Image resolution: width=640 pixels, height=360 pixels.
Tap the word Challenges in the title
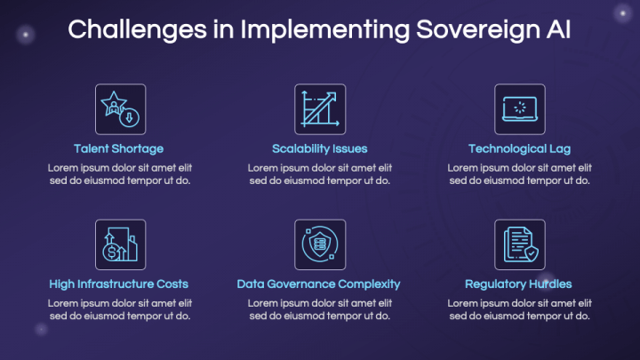click(x=137, y=30)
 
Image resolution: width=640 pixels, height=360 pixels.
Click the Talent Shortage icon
click(x=120, y=109)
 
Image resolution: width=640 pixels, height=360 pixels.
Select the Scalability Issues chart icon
click(x=320, y=109)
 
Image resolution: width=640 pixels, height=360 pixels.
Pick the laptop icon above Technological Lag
click(x=520, y=109)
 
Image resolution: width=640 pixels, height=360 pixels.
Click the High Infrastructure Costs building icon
click(x=120, y=244)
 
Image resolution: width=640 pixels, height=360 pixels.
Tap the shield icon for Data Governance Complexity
click(x=320, y=244)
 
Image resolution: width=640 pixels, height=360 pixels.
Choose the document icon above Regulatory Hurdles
click(x=520, y=244)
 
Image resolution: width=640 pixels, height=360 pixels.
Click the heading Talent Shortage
click(x=119, y=149)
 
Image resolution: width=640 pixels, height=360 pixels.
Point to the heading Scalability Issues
click(x=320, y=149)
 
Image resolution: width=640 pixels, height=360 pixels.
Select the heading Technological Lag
click(x=519, y=149)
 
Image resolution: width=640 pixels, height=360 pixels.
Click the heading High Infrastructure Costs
click(x=119, y=284)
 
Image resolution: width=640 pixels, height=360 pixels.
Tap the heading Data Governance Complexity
click(x=318, y=284)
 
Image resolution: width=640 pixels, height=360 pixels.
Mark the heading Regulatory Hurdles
click(x=518, y=284)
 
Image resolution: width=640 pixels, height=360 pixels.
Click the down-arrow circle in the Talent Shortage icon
click(x=130, y=117)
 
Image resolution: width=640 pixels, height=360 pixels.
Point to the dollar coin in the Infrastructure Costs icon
click(x=111, y=252)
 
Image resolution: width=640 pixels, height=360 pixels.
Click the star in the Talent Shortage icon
click(x=114, y=103)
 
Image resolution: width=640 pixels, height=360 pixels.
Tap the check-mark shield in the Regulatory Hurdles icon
click(x=532, y=253)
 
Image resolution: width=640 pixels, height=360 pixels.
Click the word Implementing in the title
click(x=325, y=30)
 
